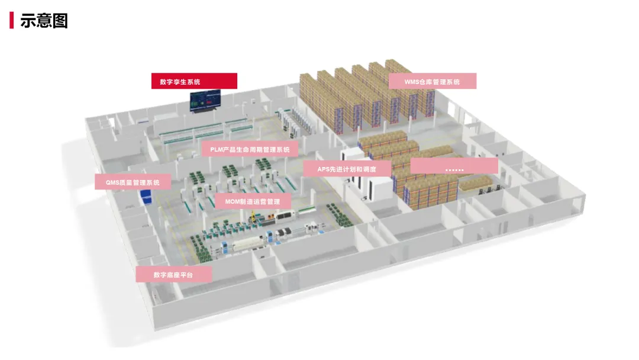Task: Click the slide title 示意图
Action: (x=44, y=20)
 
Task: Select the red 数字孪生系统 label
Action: (x=194, y=81)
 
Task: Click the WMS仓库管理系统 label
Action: (x=432, y=82)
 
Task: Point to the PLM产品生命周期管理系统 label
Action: (x=250, y=150)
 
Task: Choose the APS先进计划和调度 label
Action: (x=346, y=169)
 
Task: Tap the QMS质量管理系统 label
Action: (x=133, y=182)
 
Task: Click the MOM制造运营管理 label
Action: (x=253, y=201)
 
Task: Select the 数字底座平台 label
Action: (x=173, y=274)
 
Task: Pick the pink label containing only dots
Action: (x=454, y=166)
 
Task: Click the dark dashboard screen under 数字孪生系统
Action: (x=205, y=101)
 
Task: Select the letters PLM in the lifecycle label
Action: (x=217, y=150)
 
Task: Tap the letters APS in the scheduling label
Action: (x=324, y=169)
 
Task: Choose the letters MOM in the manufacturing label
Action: (x=232, y=201)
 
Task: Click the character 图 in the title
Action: (x=60, y=20)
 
